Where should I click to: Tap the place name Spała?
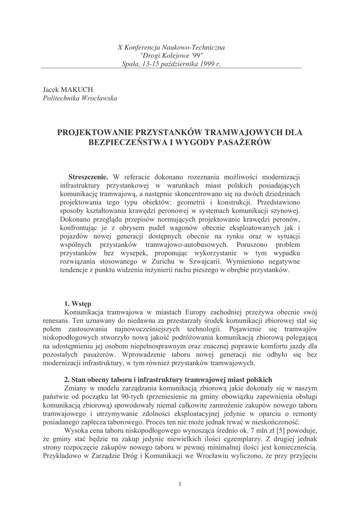131,64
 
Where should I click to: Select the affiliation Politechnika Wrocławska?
81,98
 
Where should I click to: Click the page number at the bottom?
180,483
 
